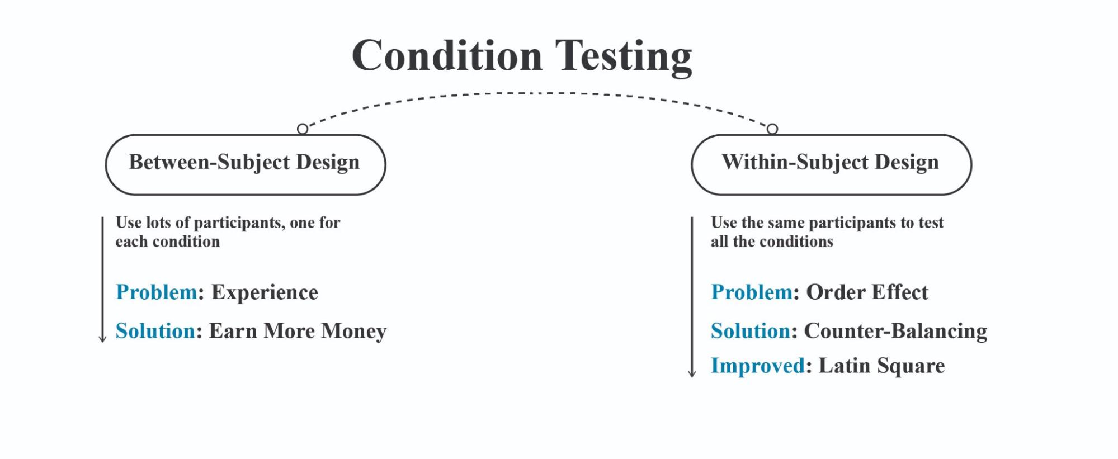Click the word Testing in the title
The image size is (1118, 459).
coord(624,57)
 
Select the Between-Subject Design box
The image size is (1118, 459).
coord(246,164)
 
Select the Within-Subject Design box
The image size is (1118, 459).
coord(831,164)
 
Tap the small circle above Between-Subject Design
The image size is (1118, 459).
coord(303,129)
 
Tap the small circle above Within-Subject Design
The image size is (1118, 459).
coord(772,129)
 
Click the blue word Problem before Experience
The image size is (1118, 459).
coord(157,292)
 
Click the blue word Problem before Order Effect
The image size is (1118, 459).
coord(752,292)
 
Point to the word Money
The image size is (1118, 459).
coord(354,332)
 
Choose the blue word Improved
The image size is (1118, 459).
coord(758,366)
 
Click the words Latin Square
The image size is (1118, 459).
coord(882,366)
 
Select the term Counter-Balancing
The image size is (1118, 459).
coord(895,332)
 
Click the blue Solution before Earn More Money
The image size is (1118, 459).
coord(155,331)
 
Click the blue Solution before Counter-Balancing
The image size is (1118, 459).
coord(751,331)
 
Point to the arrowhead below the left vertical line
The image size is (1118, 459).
coord(102,339)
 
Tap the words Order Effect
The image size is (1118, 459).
coord(867,292)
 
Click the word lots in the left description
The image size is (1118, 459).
coord(158,223)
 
